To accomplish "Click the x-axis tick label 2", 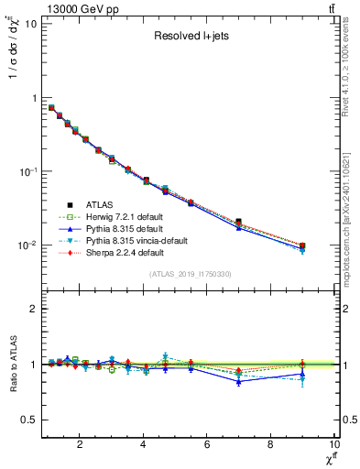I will pos(80,445).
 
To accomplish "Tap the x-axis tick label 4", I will pos(143,445).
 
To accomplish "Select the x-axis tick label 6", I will pos(207,445).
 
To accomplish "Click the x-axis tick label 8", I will pos(270,445).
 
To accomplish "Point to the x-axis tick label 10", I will pos(333,445).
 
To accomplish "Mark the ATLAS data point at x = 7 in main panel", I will pos(238,222).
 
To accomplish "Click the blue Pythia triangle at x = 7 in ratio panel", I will pos(238,381).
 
